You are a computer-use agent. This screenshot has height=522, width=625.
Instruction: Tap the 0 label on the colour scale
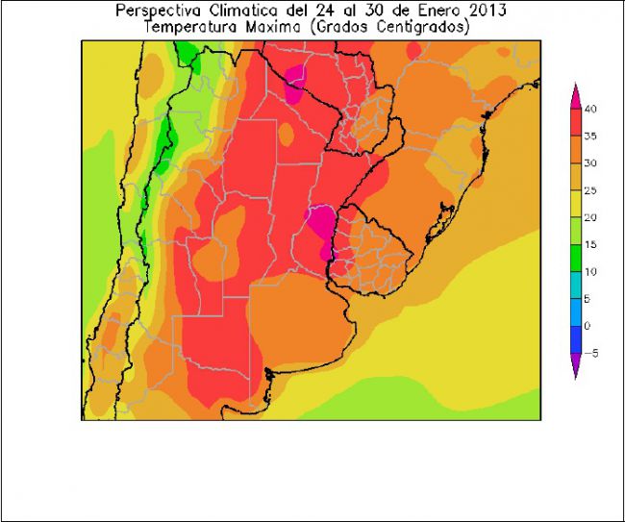tap(588, 326)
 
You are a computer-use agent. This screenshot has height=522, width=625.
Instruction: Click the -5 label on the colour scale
tap(590, 353)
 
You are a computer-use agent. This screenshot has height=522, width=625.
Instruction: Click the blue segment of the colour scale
tap(577, 312)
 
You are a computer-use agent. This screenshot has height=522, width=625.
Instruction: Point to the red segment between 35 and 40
tap(577, 122)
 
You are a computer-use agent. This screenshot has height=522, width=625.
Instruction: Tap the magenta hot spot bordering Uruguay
tap(319, 221)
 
